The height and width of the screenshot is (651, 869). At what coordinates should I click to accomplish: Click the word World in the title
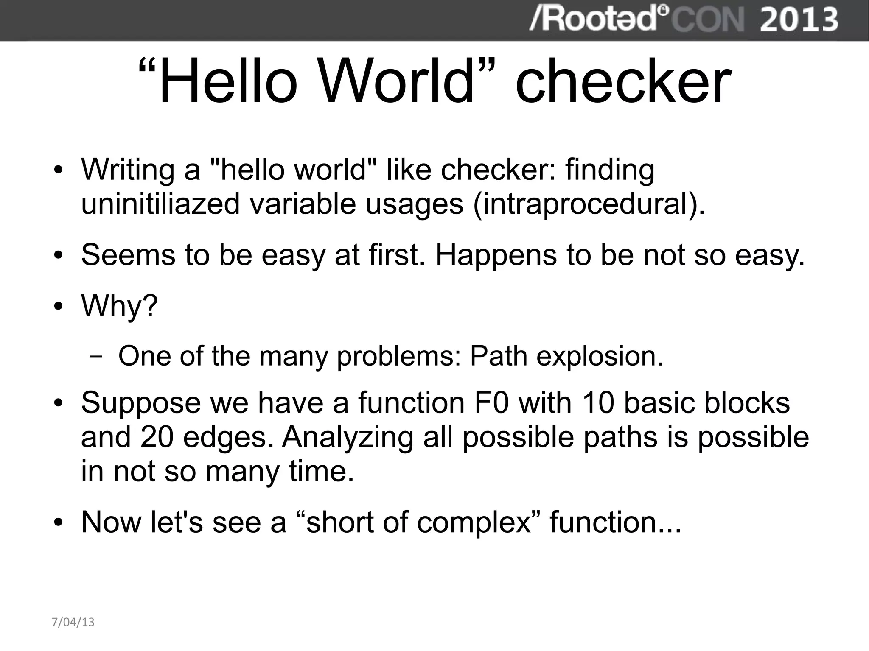pyautogui.click(x=396, y=81)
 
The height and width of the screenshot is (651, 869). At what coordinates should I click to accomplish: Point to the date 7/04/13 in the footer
pyautogui.click(x=73, y=622)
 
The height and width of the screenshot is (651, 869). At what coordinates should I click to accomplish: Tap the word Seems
pyautogui.click(x=128, y=255)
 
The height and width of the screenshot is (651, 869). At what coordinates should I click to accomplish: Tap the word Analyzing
pyautogui.click(x=348, y=438)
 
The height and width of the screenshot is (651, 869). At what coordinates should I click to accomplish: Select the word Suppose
pyautogui.click(x=140, y=403)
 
